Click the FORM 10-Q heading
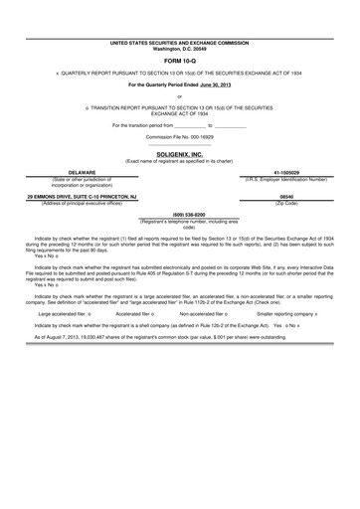[x=180, y=59]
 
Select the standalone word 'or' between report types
[x=180, y=96]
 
